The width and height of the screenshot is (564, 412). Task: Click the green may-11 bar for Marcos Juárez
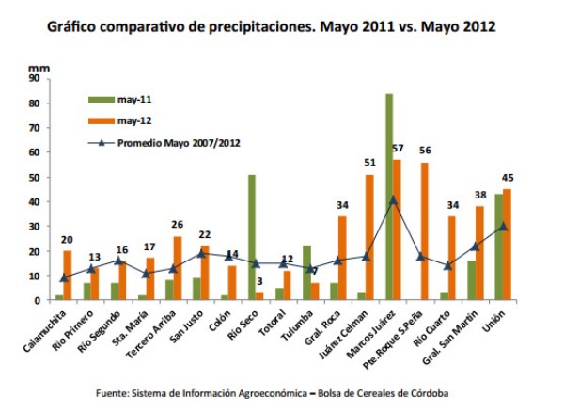pyautogui.click(x=389, y=198)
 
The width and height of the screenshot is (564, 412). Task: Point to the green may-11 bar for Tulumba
pyautogui.click(x=306, y=273)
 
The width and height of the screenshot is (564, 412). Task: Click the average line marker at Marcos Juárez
pyautogui.click(x=393, y=199)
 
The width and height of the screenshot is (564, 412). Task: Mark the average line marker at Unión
pyautogui.click(x=503, y=226)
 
